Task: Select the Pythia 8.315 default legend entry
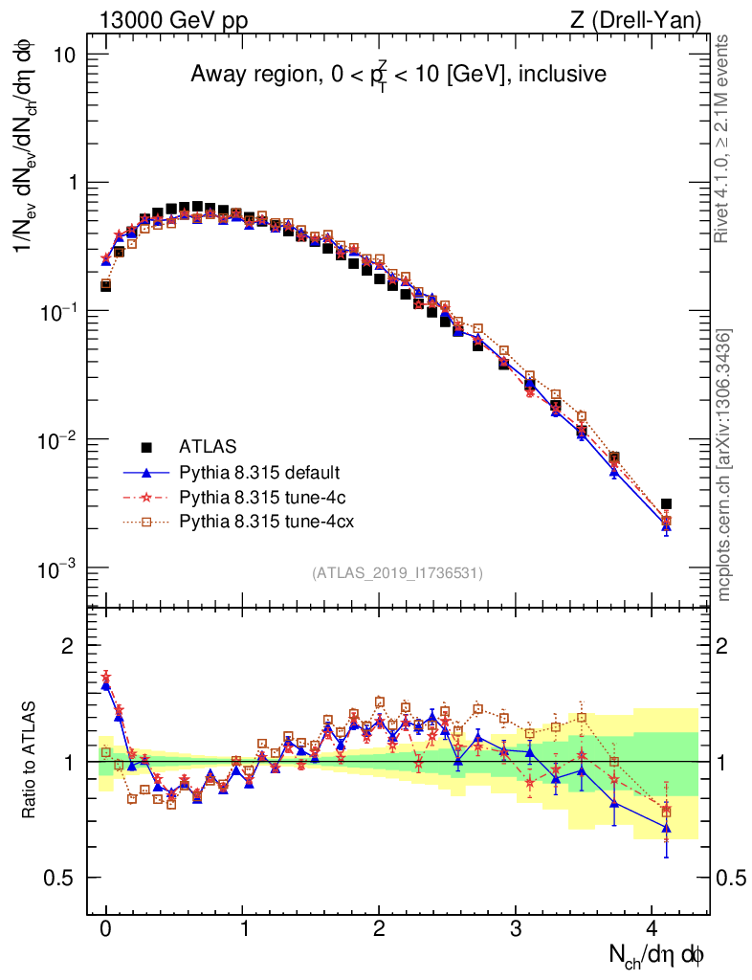pyautogui.click(x=259, y=472)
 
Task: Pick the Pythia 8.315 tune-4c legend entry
pyautogui.click(x=259, y=497)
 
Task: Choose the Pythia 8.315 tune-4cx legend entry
pyautogui.click(x=263, y=522)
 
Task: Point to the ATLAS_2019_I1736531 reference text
pyautogui.click(x=397, y=573)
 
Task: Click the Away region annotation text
pyautogui.click(x=398, y=75)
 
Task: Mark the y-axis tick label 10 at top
pyautogui.click(x=64, y=55)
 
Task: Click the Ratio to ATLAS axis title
pyautogui.click(x=30, y=761)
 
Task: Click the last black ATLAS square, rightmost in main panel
pyautogui.click(x=666, y=503)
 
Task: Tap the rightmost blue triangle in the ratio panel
pyautogui.click(x=666, y=828)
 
